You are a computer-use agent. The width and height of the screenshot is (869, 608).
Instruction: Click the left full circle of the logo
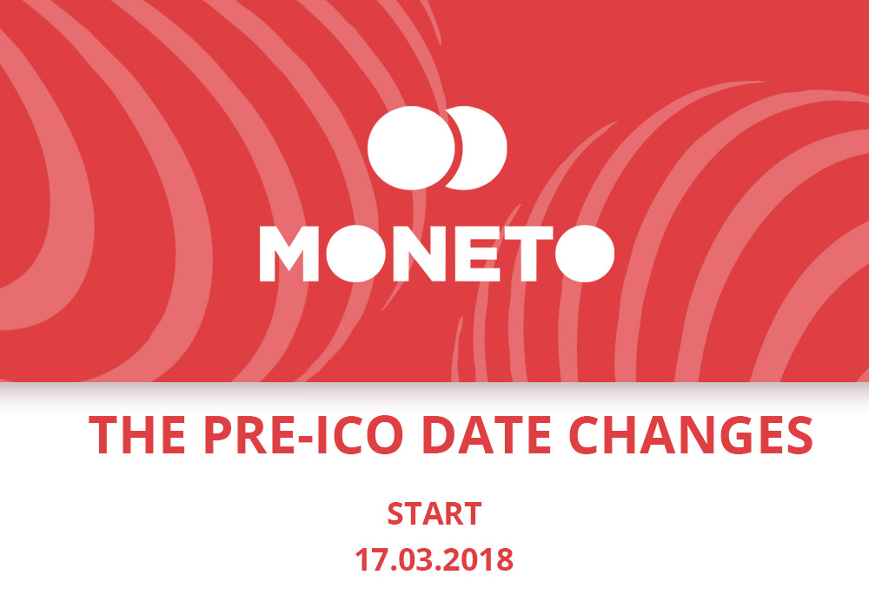[x=411, y=148]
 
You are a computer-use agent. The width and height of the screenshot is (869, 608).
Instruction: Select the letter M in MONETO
[x=289, y=254]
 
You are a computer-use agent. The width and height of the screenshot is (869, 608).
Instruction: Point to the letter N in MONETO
[x=421, y=254]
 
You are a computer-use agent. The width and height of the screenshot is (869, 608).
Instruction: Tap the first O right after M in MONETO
[x=355, y=254]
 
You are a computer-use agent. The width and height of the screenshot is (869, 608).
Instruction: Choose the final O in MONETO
[x=585, y=254]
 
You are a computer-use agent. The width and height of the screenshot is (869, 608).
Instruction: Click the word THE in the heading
[x=137, y=435]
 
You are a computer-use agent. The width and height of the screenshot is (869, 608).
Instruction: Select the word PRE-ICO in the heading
[x=303, y=435]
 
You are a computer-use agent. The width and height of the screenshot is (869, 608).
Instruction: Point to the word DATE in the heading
[x=487, y=435]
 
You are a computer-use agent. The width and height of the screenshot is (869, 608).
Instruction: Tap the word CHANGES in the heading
[x=691, y=435]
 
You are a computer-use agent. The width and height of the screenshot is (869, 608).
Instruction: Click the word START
[x=434, y=514]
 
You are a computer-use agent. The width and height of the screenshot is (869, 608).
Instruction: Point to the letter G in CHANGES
[x=744, y=435]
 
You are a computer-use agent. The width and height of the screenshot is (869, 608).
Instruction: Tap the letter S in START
[x=395, y=514]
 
